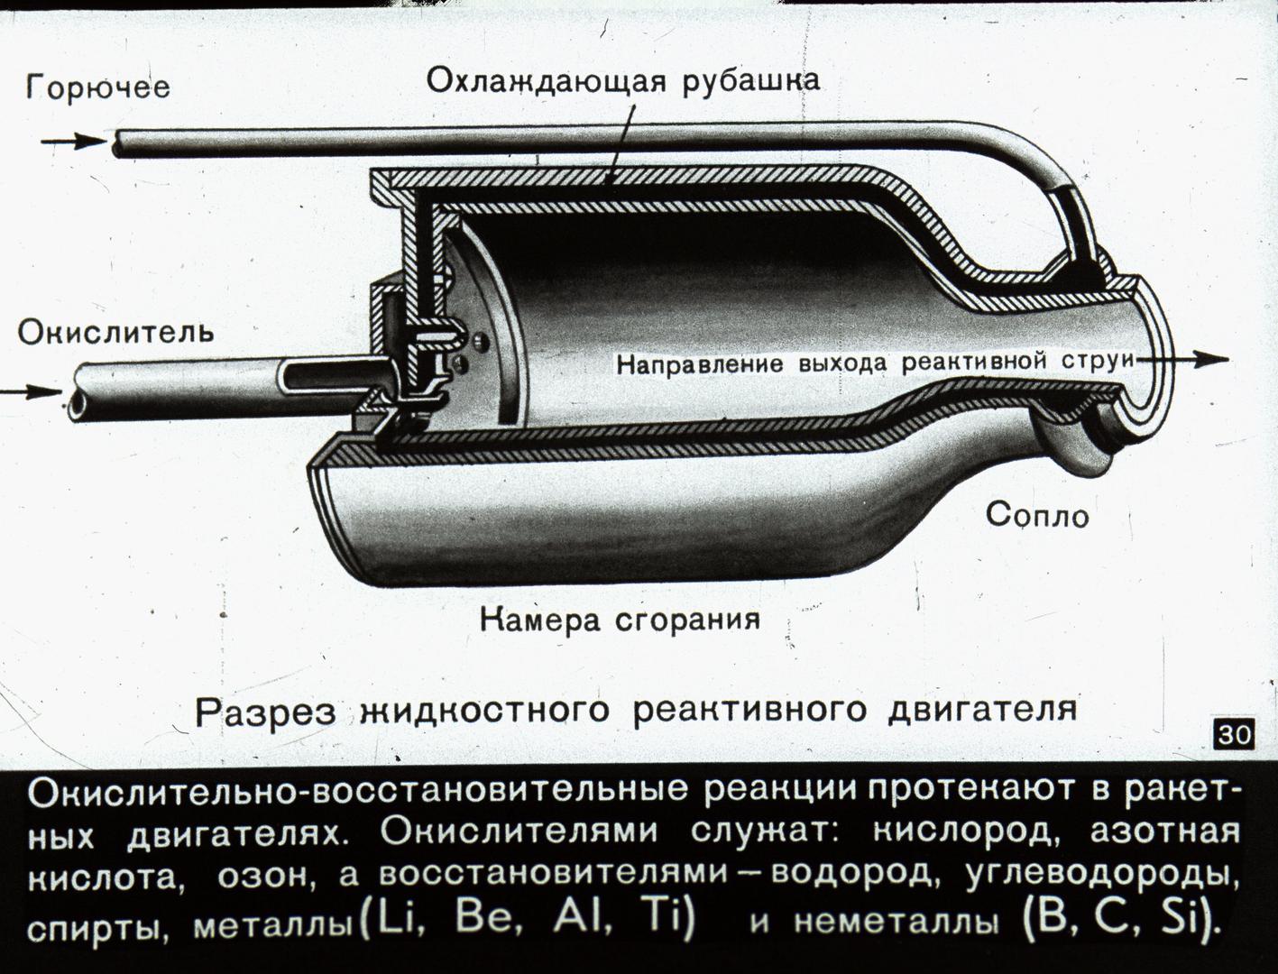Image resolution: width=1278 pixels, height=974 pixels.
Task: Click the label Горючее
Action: click(x=97, y=87)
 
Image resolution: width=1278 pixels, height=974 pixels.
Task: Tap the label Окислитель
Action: click(x=115, y=333)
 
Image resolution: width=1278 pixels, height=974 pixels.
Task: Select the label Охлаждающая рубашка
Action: click(x=623, y=82)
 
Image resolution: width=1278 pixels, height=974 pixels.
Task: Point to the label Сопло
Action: click(x=1037, y=515)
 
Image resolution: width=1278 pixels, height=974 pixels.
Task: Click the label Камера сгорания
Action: click(x=620, y=620)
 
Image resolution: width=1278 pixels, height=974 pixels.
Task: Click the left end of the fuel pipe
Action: click(x=118, y=143)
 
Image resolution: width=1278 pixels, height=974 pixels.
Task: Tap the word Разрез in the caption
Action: click(x=265, y=712)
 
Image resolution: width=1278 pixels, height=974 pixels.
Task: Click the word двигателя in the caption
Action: click(x=981, y=712)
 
